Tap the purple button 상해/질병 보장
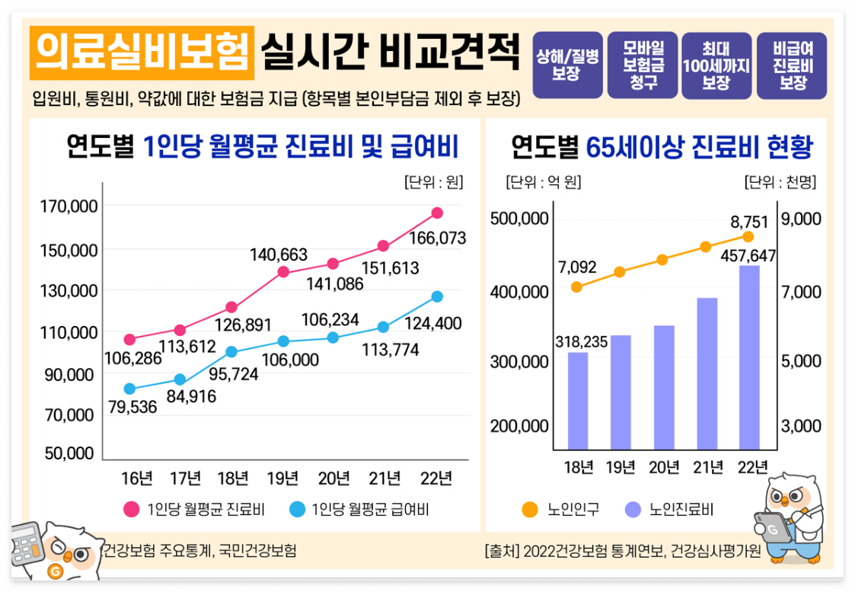point(568,66)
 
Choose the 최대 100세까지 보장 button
point(716,66)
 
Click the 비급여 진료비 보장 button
point(792,66)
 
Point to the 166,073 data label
point(438,238)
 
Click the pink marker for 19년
point(283,272)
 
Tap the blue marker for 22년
point(436,296)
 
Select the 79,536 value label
point(132,407)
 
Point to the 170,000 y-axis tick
point(69,206)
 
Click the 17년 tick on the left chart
point(185,478)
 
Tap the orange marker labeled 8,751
point(748,236)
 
